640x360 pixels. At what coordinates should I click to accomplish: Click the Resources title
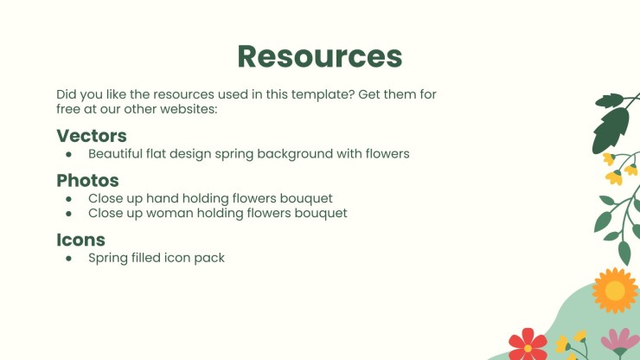click(x=320, y=56)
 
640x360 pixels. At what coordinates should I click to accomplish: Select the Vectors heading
click(x=92, y=136)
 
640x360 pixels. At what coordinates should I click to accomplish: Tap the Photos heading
click(x=87, y=180)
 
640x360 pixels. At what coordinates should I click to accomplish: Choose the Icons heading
click(x=80, y=240)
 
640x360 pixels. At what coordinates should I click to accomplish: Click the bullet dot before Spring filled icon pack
click(x=68, y=258)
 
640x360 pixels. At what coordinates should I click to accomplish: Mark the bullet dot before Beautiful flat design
click(x=68, y=154)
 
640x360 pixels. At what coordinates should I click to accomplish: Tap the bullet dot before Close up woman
click(x=68, y=213)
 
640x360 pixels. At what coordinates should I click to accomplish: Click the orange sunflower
click(x=615, y=291)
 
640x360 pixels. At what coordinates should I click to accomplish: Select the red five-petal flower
click(x=528, y=345)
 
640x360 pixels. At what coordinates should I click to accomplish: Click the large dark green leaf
click(x=611, y=130)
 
